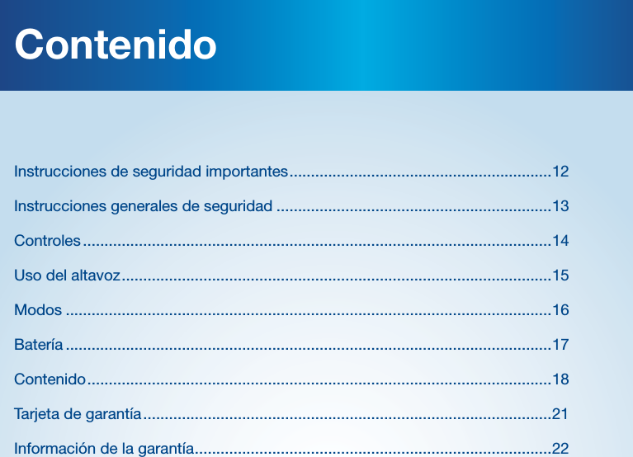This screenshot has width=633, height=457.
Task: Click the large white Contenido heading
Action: [116, 45]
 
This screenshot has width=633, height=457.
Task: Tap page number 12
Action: [560, 172]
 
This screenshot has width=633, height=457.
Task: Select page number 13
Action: [560, 205]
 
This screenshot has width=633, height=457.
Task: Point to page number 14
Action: [560, 241]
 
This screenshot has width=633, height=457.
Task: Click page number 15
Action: [560, 275]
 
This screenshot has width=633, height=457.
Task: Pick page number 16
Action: [560, 310]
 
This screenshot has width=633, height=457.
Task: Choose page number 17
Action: [560, 344]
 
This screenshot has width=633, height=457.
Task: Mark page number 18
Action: [560, 379]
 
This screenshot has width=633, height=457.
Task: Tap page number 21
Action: [560, 413]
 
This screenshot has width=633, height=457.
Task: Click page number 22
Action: [560, 449]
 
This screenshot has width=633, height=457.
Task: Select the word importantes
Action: [247, 172]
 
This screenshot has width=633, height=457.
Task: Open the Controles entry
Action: [47, 241]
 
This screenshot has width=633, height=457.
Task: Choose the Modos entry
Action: [38, 310]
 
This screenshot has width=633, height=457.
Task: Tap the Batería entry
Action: [38, 344]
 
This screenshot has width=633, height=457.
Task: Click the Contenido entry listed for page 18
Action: [50, 379]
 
